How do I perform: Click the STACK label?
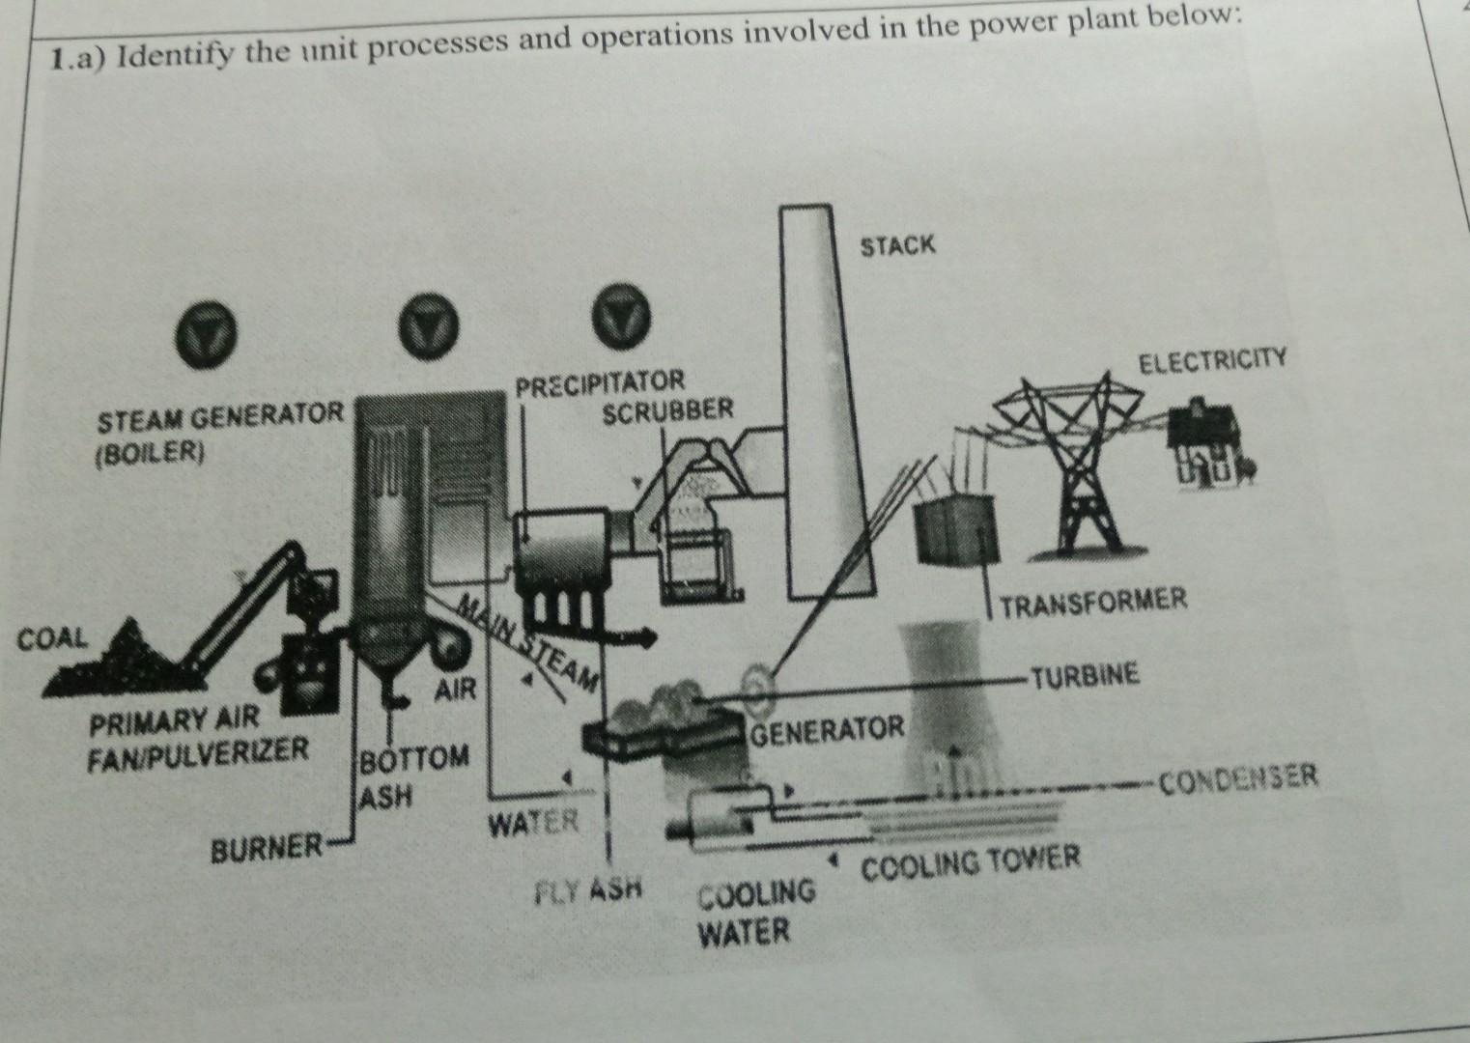point(897,245)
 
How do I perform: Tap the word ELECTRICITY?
point(1213,363)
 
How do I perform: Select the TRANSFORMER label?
point(1093,603)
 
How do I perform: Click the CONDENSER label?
point(1239,777)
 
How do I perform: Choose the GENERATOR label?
point(828,729)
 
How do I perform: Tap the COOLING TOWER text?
point(970,859)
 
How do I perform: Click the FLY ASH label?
point(589,888)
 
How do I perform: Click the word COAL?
point(53,638)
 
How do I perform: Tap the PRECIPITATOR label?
point(599,382)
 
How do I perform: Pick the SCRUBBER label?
point(667,412)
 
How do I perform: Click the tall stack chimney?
point(821,406)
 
